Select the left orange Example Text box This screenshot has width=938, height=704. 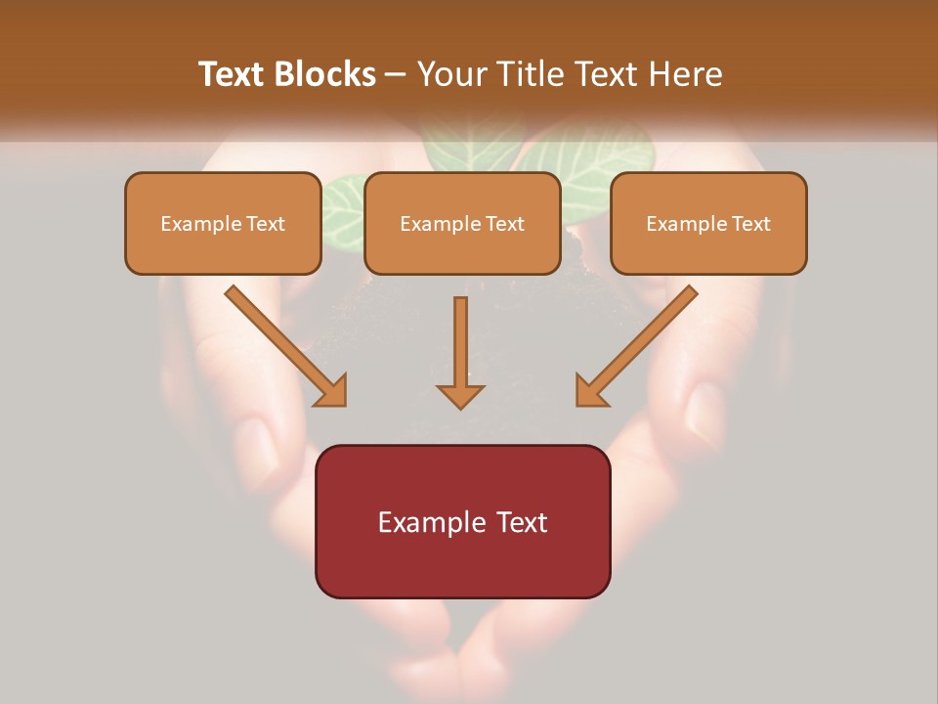(x=223, y=224)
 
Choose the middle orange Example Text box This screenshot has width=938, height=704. (x=462, y=224)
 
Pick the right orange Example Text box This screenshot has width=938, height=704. (x=708, y=224)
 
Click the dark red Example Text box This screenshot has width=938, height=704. (x=462, y=521)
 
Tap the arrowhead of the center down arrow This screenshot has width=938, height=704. (x=460, y=395)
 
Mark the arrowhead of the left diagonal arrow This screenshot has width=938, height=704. (x=332, y=390)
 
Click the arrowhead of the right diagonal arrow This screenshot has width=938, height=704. (x=590, y=390)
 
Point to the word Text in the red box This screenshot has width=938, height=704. (x=522, y=522)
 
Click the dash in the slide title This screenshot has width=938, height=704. (x=396, y=74)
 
